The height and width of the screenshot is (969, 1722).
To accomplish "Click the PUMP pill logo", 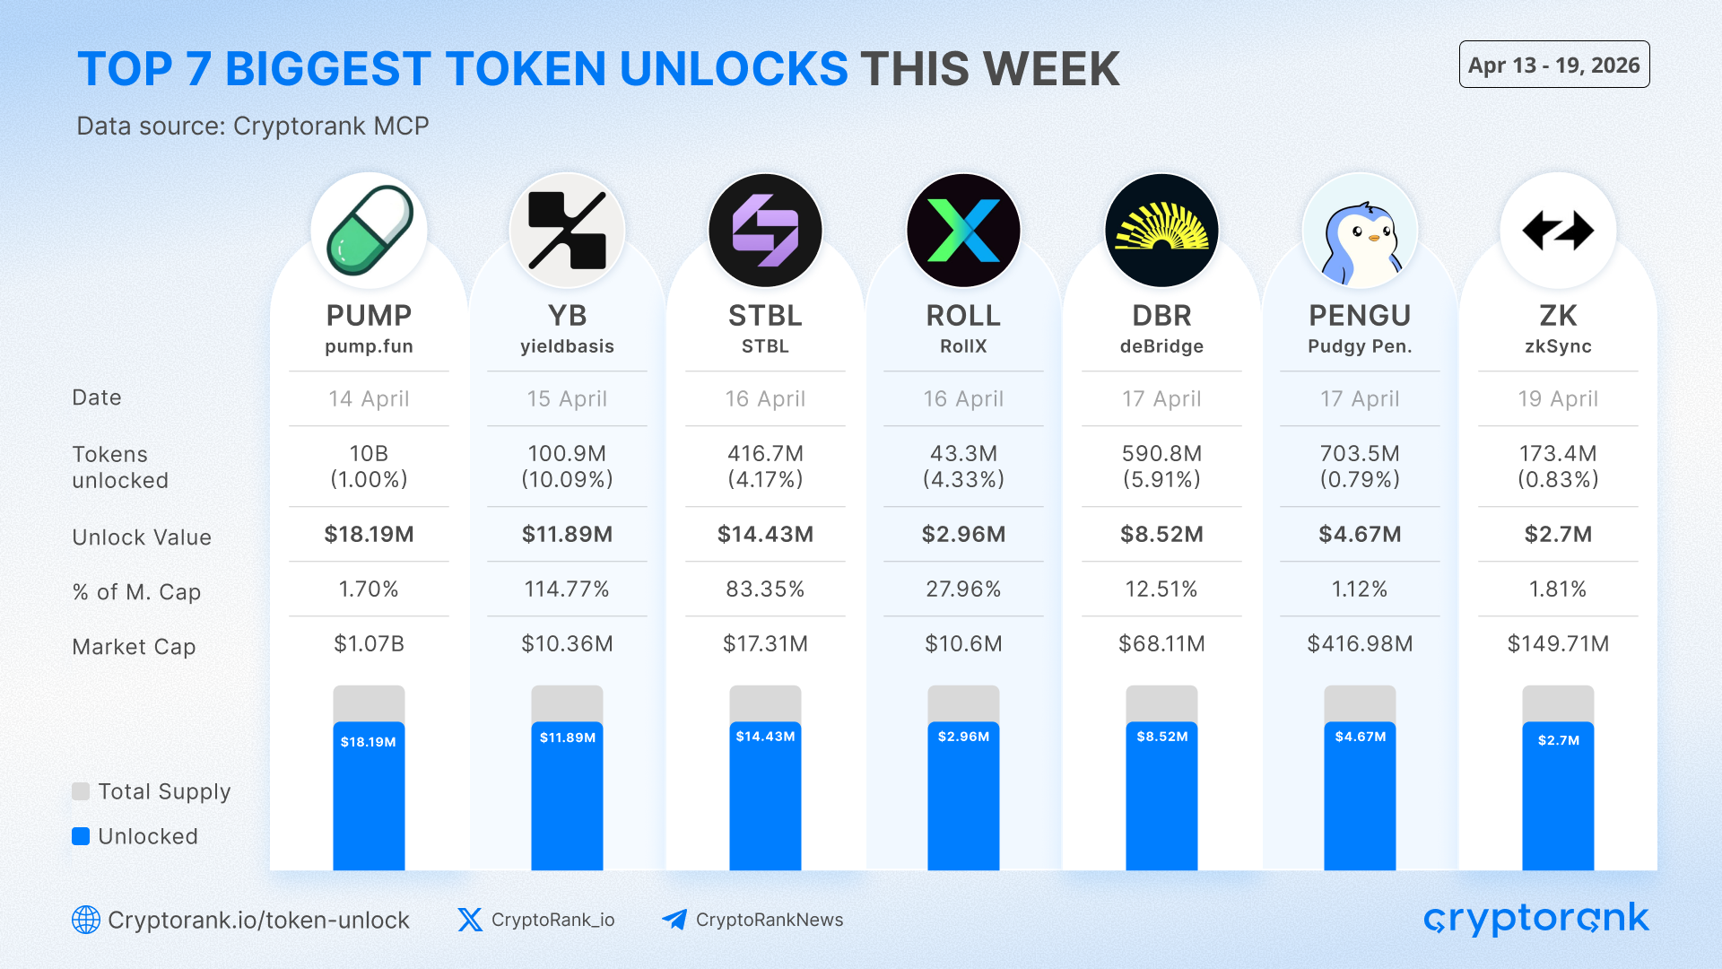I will pos(369,230).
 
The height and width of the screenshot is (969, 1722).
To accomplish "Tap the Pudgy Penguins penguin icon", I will pos(1360,231).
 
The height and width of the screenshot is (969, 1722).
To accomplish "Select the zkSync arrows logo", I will pos(1558,231).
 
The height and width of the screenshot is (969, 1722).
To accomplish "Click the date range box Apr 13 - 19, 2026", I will pos(1553,65).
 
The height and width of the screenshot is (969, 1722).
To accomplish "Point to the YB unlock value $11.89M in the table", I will pos(567,535).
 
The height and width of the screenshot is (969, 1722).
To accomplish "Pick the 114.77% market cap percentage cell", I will pos(567,589).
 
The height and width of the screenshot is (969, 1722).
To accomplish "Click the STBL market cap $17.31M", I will pos(765,644).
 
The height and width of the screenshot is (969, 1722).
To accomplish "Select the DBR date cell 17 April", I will pos(1161,399).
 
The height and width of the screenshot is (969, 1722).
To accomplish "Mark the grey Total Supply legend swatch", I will pos(81,791).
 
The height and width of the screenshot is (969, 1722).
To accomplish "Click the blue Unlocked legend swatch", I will pos(81,836).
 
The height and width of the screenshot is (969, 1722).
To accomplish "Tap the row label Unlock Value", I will pos(142,537).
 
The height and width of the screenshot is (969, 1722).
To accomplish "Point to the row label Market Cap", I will pos(134,647).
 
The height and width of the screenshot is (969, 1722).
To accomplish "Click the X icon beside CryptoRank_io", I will pos(470,920).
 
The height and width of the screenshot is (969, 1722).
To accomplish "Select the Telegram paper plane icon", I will pos(674,920).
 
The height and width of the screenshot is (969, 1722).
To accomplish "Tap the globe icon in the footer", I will pos(86,920).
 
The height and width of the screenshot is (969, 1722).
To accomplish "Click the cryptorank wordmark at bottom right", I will pos(1535,919).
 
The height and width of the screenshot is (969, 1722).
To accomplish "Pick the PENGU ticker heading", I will pos(1360,316).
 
